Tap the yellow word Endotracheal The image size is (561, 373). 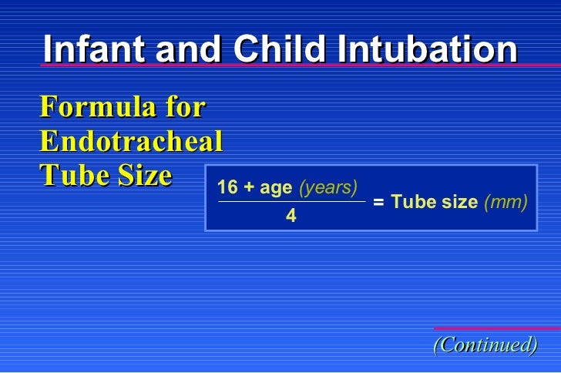tap(131, 142)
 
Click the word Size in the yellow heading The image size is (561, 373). tap(142, 176)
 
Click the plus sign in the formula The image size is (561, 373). tap(249, 188)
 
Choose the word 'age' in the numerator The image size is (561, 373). tap(276, 188)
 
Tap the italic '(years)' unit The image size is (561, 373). tap(328, 188)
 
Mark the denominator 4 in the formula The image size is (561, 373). tap(291, 217)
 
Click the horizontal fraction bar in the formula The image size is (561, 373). tap(291, 203)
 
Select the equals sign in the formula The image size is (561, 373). tap(378, 203)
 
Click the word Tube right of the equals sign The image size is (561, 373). tap(408, 203)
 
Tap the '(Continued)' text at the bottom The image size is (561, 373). tap(485, 344)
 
